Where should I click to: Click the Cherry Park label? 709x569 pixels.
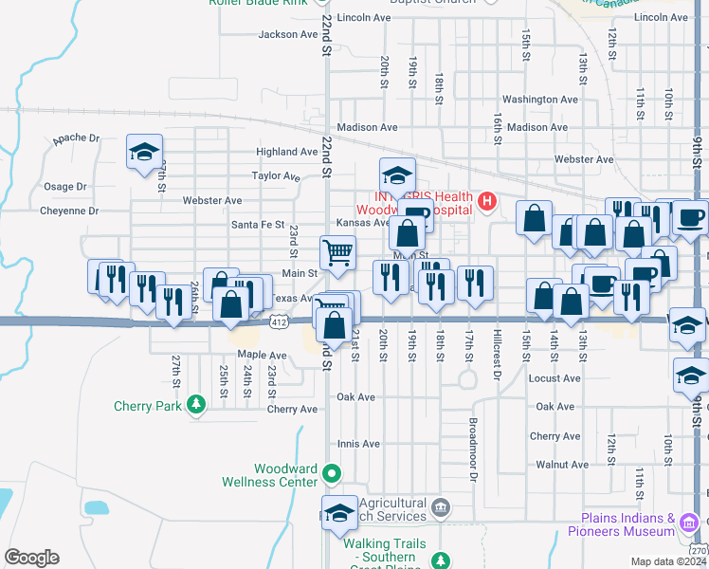click(x=147, y=406)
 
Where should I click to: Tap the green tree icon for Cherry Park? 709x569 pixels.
click(x=196, y=405)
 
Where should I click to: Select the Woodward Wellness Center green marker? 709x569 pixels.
click(x=332, y=472)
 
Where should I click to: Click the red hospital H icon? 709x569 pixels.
click(x=487, y=200)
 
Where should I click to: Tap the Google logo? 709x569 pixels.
click(x=31, y=558)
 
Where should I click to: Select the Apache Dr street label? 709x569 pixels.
click(x=76, y=138)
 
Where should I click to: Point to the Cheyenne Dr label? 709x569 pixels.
click(x=66, y=211)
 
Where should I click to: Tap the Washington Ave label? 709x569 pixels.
click(x=540, y=99)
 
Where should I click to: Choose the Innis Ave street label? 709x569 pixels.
click(x=359, y=443)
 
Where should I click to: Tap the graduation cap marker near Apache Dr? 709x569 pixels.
click(x=144, y=152)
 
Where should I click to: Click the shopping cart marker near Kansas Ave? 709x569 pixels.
click(x=338, y=252)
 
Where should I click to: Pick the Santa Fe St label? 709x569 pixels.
click(x=258, y=225)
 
